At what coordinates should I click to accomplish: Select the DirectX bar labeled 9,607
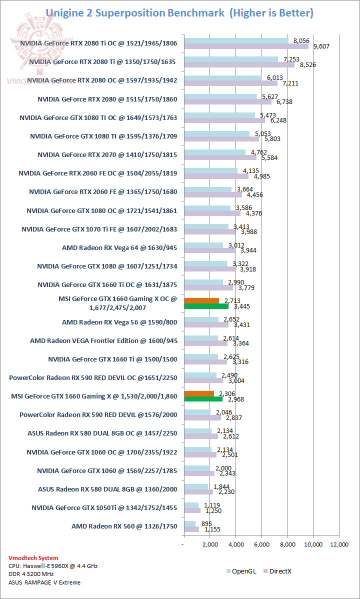246,46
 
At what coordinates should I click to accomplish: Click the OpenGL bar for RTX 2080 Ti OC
236,40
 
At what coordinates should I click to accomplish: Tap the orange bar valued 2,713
201,301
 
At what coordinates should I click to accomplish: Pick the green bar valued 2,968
203,399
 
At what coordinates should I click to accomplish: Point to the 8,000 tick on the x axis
287,544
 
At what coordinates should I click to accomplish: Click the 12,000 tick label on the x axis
339,544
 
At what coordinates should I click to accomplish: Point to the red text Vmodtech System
33,557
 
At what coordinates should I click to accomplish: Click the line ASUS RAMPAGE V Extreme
44,582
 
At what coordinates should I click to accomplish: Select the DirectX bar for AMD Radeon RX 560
191,529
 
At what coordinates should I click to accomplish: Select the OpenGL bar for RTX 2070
214,152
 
